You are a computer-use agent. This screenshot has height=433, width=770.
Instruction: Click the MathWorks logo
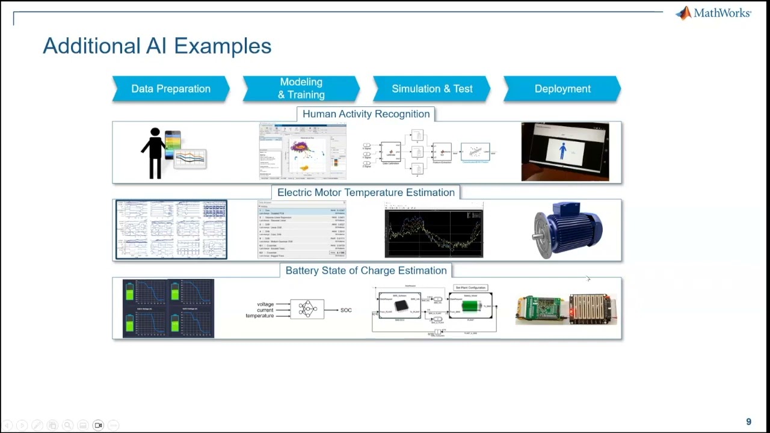click(x=713, y=13)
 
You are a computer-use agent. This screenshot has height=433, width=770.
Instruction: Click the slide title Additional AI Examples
click(x=157, y=46)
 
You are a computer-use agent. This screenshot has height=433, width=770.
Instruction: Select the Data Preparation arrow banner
click(x=171, y=89)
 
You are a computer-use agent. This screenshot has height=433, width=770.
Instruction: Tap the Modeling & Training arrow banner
click(x=301, y=89)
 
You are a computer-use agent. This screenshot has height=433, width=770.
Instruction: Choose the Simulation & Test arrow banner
click(x=432, y=89)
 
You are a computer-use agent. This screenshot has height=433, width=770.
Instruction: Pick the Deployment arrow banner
click(x=562, y=89)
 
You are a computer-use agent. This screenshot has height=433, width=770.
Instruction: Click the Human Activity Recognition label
click(x=366, y=114)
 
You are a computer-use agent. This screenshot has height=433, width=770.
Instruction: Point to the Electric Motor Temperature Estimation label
click(x=366, y=192)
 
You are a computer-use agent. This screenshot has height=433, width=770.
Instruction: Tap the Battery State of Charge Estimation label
click(x=366, y=271)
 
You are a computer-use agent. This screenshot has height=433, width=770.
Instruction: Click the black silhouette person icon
click(x=155, y=153)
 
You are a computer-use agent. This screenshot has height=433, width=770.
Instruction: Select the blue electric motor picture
click(x=568, y=230)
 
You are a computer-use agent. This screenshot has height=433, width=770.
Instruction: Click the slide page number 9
click(x=748, y=422)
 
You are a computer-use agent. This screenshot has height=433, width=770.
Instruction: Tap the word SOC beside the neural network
click(x=346, y=310)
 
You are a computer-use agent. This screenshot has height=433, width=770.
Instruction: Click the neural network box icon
click(x=307, y=309)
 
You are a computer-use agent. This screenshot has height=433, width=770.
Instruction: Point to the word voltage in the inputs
click(x=265, y=304)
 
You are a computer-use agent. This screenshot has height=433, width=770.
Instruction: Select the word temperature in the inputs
click(x=260, y=316)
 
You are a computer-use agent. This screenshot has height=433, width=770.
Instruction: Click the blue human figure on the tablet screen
click(x=562, y=150)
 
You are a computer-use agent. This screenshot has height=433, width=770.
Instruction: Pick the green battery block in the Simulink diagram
click(x=471, y=306)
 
